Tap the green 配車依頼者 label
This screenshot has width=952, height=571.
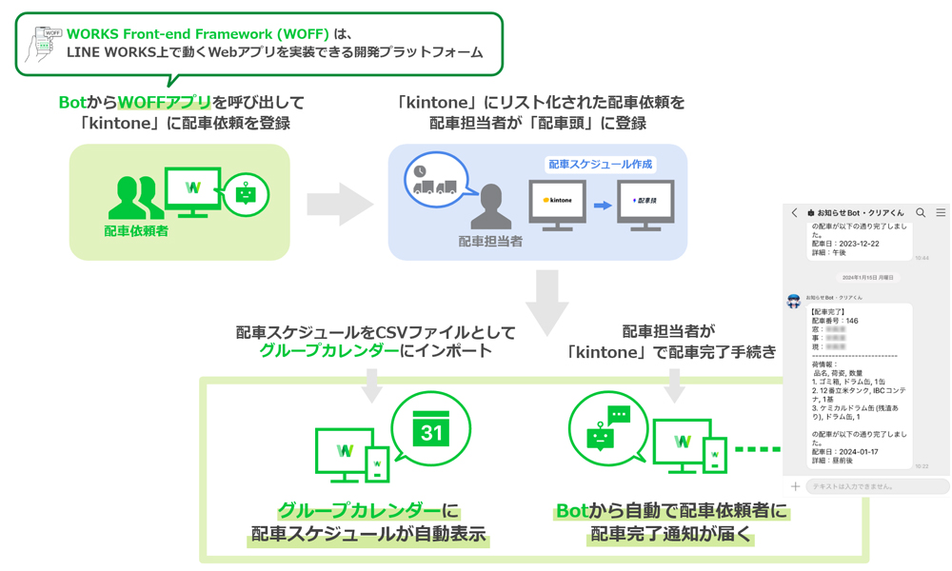[136, 230]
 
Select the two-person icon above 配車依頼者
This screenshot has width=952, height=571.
[136, 197]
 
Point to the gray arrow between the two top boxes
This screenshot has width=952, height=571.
[339, 203]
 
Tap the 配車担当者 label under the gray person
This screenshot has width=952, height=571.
[490, 242]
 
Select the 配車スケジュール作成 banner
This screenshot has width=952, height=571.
[600, 165]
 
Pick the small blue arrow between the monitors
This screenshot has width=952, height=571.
[603, 205]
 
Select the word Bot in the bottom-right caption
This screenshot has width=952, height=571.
[573, 512]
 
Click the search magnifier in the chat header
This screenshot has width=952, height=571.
[921, 213]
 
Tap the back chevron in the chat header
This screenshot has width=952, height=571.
[795, 213]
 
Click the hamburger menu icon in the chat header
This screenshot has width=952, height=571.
[941, 213]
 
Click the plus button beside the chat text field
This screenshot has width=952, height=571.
[795, 486]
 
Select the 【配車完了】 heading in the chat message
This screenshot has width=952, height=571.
[828, 312]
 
